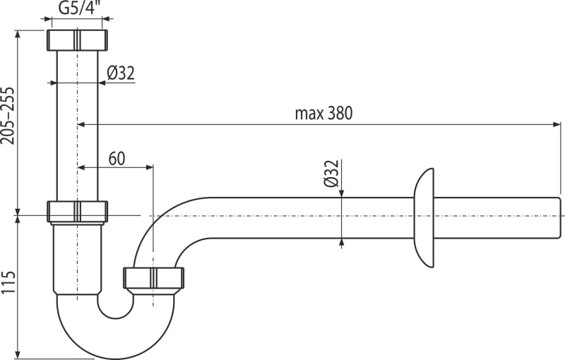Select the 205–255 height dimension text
(8, 116)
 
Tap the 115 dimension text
(8, 282)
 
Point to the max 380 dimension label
(323, 114)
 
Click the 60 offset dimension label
(117, 158)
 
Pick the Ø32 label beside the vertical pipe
(121, 73)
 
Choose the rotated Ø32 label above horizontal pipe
(331, 173)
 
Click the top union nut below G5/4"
(77, 40)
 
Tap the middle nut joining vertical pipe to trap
(77, 211)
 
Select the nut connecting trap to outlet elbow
(153, 277)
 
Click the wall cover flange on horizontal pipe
(424, 218)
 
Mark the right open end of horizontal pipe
(561, 218)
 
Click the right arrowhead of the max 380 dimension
(557, 124)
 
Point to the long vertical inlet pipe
(77, 126)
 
